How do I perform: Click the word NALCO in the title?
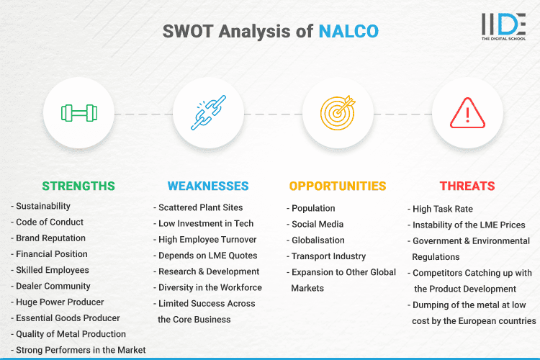pos(348,31)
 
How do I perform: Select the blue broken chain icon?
pos(207,113)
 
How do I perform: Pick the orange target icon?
pos(337,113)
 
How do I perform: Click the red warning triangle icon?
pos(466,113)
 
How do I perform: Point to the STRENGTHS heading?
pos(78,186)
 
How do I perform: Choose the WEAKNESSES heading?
pos(207,186)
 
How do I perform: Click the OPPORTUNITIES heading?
pos(337,186)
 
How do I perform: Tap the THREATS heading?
pos(467,186)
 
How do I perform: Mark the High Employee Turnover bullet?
pos(207,240)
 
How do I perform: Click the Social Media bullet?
pos(317,225)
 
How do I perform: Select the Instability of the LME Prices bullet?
pos(468,225)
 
